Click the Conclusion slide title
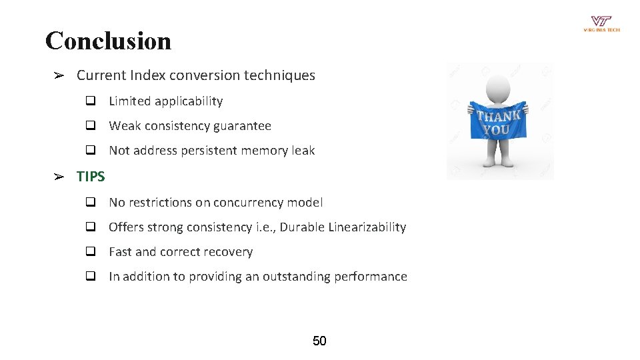coord(108,41)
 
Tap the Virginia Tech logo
coord(601,23)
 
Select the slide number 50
coord(319,341)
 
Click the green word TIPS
coord(91,177)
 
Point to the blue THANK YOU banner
coord(499,121)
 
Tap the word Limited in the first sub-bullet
coord(129,101)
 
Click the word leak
coord(303,151)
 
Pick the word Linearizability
coord(367,227)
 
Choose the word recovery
coord(229,252)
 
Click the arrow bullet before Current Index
coord(59,75)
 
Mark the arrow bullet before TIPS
coord(59,177)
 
